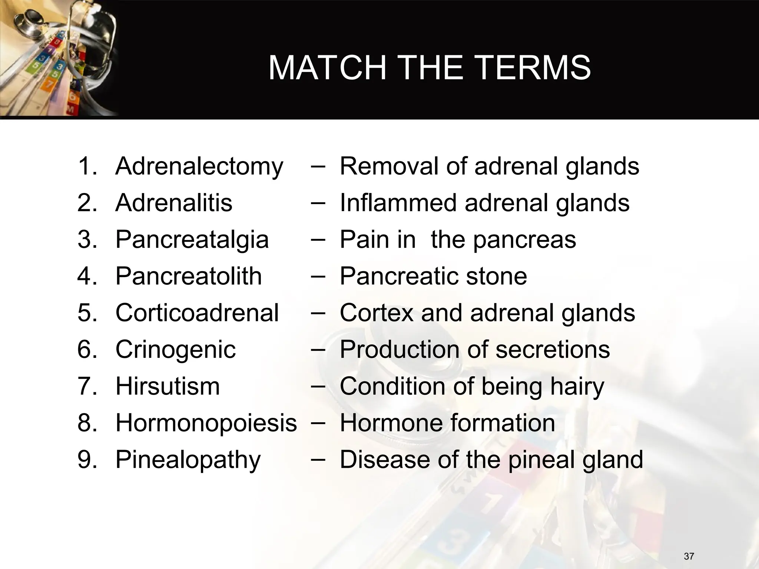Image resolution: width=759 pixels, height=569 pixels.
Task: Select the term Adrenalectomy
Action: tap(199, 166)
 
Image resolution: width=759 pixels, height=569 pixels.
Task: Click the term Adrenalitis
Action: tap(174, 203)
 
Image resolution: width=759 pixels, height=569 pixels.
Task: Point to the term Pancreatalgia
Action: tap(192, 239)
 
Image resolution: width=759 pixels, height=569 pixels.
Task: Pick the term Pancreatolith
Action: tap(189, 276)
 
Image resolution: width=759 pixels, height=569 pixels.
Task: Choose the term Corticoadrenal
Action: tap(197, 313)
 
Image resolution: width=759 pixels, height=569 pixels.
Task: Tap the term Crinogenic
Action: tap(175, 349)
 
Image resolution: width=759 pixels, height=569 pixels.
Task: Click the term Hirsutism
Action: tap(168, 386)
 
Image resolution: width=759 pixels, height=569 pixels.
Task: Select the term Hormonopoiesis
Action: tap(206, 423)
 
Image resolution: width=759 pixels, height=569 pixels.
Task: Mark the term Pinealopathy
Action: tap(188, 460)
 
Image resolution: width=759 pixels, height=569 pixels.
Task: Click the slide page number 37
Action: tap(689, 556)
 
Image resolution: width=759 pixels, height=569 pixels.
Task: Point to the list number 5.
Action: tap(87, 313)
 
